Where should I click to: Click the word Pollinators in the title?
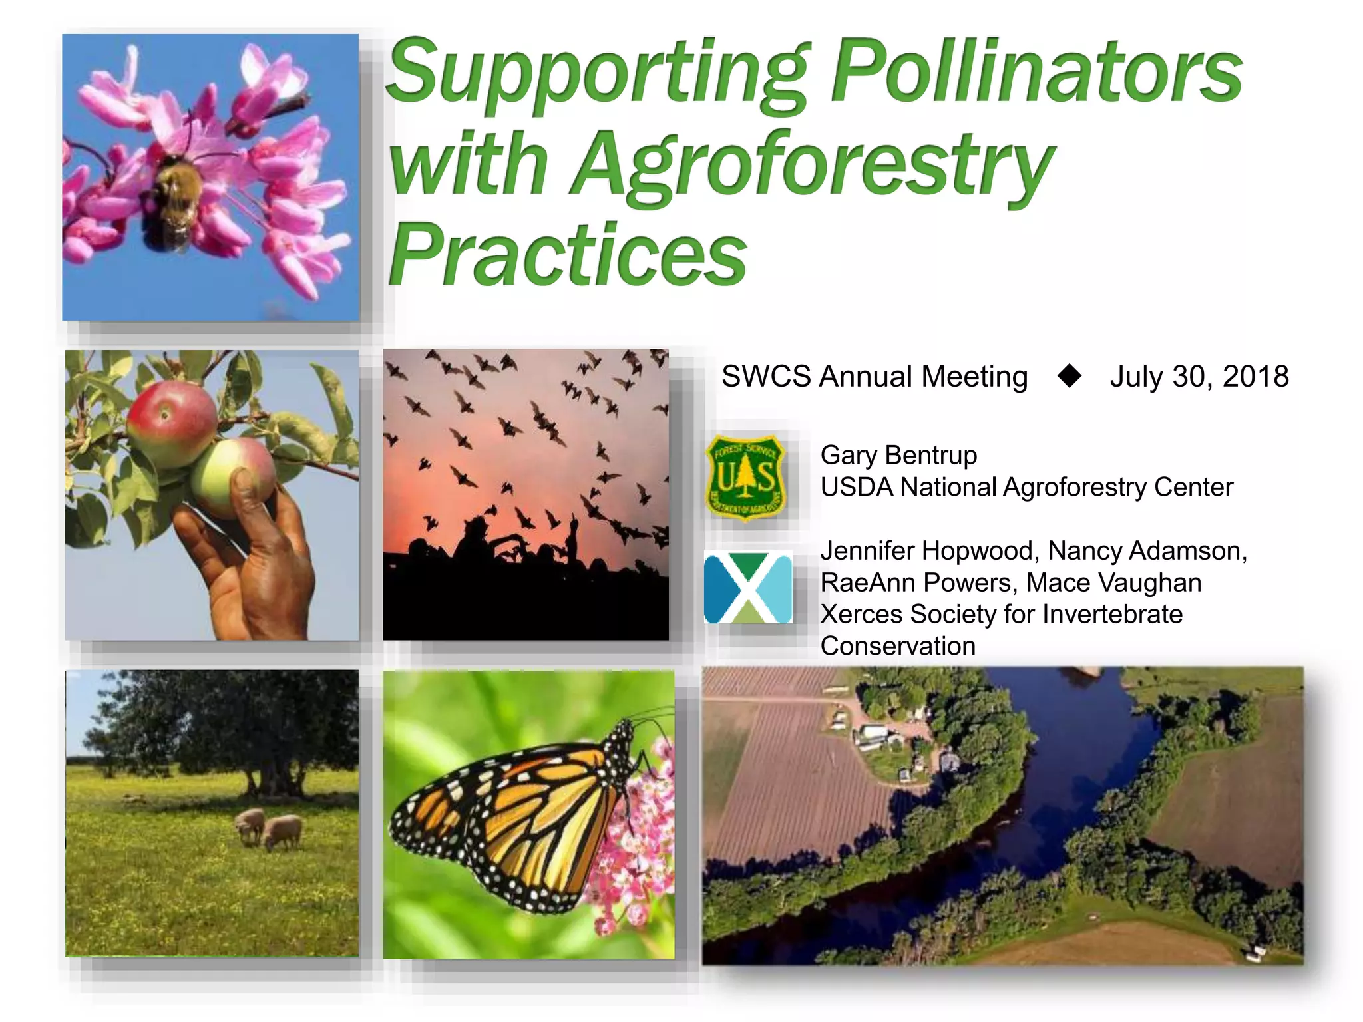coord(1037,72)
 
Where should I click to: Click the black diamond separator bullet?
coord(1070,376)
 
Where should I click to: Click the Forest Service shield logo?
coord(745,477)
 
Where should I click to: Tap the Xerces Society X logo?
coord(748,588)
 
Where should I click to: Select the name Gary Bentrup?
coord(898,456)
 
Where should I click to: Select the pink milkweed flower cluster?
coord(632,845)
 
